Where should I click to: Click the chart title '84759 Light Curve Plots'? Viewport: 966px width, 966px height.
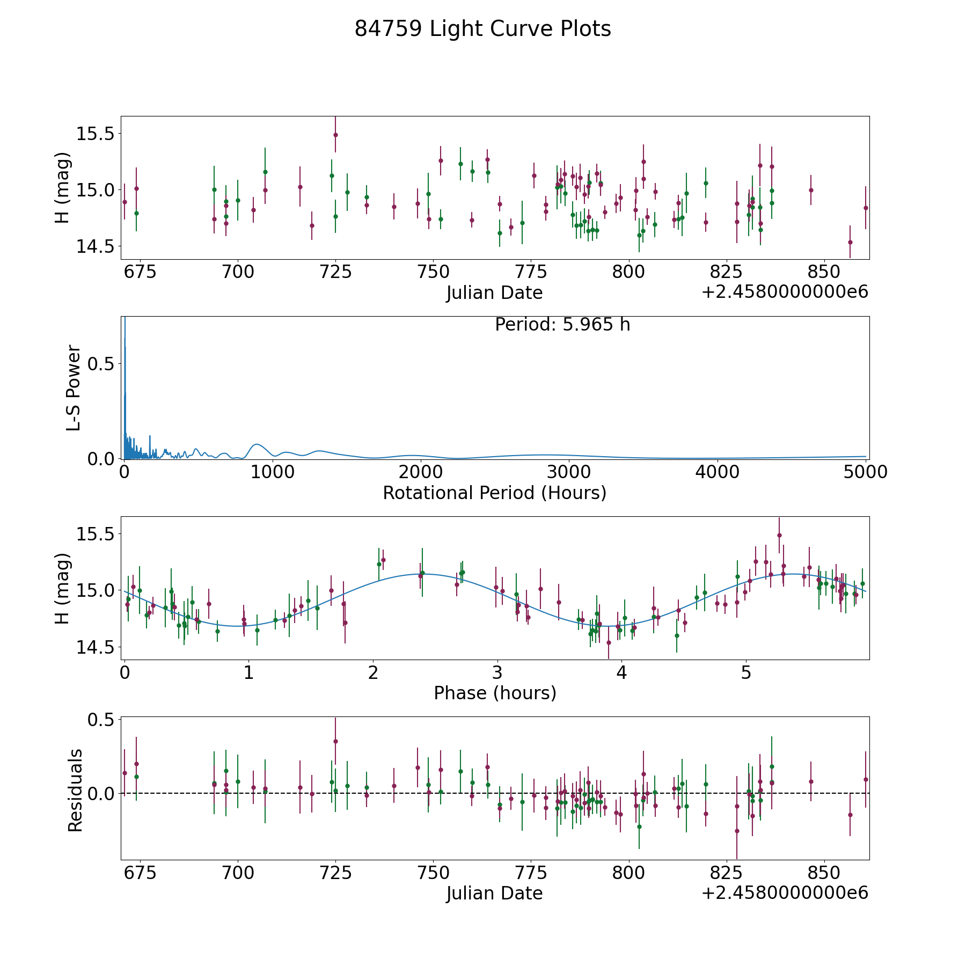tap(482, 29)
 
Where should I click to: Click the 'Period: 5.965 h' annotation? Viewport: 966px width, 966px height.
tap(562, 325)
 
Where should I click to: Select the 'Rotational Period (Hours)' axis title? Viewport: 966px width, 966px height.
tap(494, 493)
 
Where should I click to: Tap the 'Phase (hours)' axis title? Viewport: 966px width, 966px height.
tap(495, 693)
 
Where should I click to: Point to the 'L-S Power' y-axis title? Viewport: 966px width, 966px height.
tap(74, 387)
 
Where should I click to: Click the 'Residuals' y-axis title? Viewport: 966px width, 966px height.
tap(75, 790)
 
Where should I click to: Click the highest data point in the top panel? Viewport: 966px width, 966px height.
tap(335, 135)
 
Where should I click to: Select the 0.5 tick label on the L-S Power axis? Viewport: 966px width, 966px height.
tap(102, 364)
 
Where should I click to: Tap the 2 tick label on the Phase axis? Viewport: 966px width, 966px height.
tap(373, 672)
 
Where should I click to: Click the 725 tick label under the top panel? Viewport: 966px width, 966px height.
tap(335, 272)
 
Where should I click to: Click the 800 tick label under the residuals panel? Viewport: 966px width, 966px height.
tap(628, 873)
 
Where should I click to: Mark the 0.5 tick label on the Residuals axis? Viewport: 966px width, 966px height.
tap(102, 719)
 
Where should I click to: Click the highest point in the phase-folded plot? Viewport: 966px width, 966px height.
tap(779, 535)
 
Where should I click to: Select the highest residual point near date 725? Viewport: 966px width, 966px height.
tap(335, 741)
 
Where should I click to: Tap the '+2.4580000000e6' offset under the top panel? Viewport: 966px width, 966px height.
tap(785, 292)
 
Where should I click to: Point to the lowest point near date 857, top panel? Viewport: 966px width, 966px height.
tap(850, 242)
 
